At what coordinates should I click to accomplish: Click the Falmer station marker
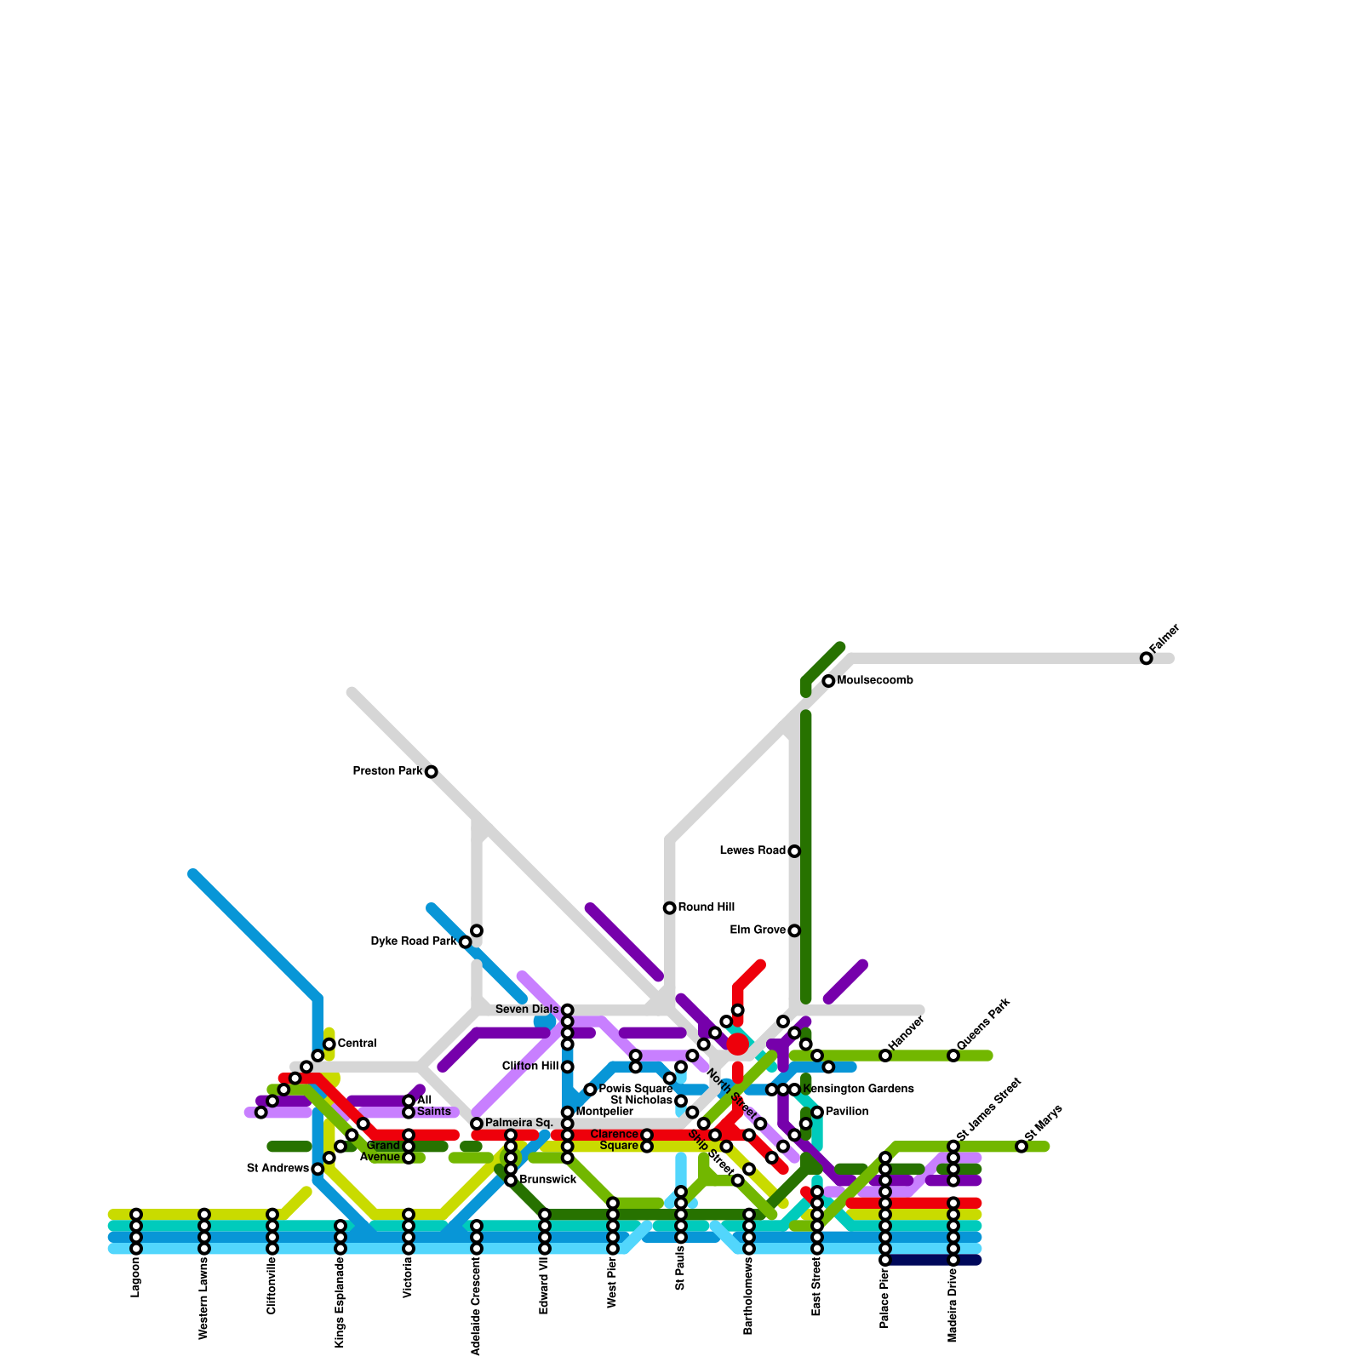pyautogui.click(x=1147, y=658)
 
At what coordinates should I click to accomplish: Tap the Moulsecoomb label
pyautogui.click(x=875, y=681)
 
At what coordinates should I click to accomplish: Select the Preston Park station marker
pyautogui.click(x=432, y=772)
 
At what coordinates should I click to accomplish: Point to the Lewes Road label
pyautogui.click(x=753, y=851)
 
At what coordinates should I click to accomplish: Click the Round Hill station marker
pyautogui.click(x=670, y=908)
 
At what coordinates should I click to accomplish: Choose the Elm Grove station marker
pyautogui.click(x=794, y=930)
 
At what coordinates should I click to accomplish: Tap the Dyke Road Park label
pyautogui.click(x=414, y=941)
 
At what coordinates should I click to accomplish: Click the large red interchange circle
pyautogui.click(x=738, y=1044)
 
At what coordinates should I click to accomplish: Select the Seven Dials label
pyautogui.click(x=527, y=1010)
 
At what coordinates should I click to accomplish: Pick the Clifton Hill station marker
pyautogui.click(x=568, y=1067)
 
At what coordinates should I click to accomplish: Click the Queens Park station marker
pyautogui.click(x=953, y=1056)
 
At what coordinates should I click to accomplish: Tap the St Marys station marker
pyautogui.click(x=1021, y=1147)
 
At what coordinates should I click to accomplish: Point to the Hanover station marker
pyautogui.click(x=885, y=1056)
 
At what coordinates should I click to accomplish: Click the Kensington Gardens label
pyautogui.click(x=858, y=1090)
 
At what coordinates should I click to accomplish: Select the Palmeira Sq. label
pyautogui.click(x=519, y=1124)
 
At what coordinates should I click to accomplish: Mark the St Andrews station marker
pyautogui.click(x=318, y=1169)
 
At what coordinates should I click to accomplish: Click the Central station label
pyautogui.click(x=357, y=1044)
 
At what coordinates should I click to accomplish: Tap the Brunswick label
pyautogui.click(x=547, y=1180)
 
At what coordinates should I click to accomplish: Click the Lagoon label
pyautogui.click(x=136, y=1278)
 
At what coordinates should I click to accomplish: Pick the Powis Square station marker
pyautogui.click(x=590, y=1090)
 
